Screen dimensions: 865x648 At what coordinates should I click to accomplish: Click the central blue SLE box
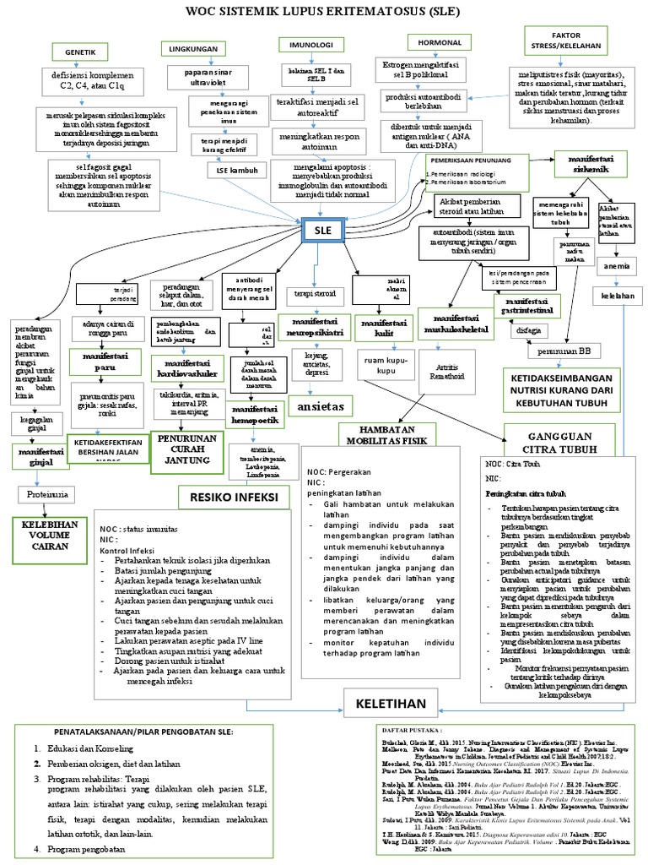coord(321,231)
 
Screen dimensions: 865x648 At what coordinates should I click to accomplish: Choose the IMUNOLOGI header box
coord(302,44)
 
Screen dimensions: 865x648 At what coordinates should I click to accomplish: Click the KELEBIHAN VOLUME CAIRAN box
coord(49,535)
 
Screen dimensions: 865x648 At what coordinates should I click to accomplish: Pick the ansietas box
coord(321,406)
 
